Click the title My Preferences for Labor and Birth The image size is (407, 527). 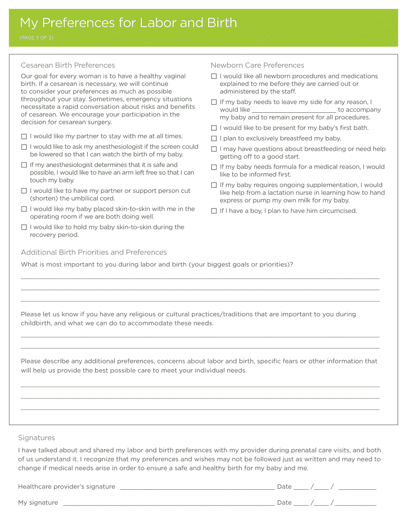(x=129, y=23)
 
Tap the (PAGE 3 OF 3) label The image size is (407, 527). (x=36, y=38)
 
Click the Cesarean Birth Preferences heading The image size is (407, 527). (x=68, y=65)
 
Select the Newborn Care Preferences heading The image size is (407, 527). (x=257, y=65)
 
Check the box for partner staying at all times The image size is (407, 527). (x=24, y=137)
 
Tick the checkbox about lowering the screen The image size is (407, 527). (x=24, y=147)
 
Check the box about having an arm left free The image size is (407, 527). (x=24, y=165)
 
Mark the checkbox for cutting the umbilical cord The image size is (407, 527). (x=24, y=191)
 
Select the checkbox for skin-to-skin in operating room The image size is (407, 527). (x=24, y=209)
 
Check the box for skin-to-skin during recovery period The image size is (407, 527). (x=24, y=228)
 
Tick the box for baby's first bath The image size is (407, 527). (x=214, y=128)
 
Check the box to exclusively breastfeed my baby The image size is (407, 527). (x=214, y=138)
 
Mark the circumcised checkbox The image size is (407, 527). (x=214, y=211)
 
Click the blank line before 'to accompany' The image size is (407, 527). (x=293, y=110)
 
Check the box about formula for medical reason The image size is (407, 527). (x=214, y=167)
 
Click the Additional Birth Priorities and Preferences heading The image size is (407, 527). (x=94, y=252)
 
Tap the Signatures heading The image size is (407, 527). (x=36, y=438)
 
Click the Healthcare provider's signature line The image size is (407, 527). (x=197, y=487)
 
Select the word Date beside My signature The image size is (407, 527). (x=284, y=503)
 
